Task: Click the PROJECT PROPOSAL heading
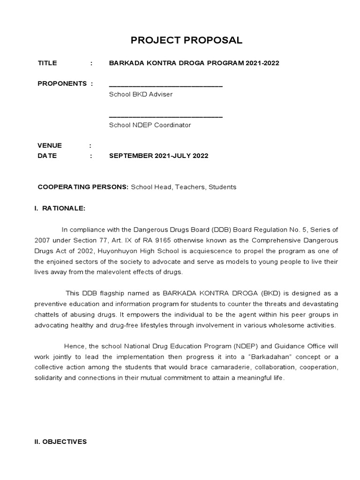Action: [x=187, y=40]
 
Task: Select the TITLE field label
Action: [x=47, y=63]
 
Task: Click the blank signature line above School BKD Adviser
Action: [x=165, y=86]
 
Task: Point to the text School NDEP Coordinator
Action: [x=150, y=125]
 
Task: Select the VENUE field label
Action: [x=50, y=145]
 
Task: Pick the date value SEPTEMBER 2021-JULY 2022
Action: [x=158, y=156]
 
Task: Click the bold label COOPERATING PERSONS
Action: [x=83, y=187]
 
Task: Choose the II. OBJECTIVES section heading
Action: [x=60, y=442]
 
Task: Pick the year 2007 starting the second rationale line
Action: [x=43, y=240]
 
